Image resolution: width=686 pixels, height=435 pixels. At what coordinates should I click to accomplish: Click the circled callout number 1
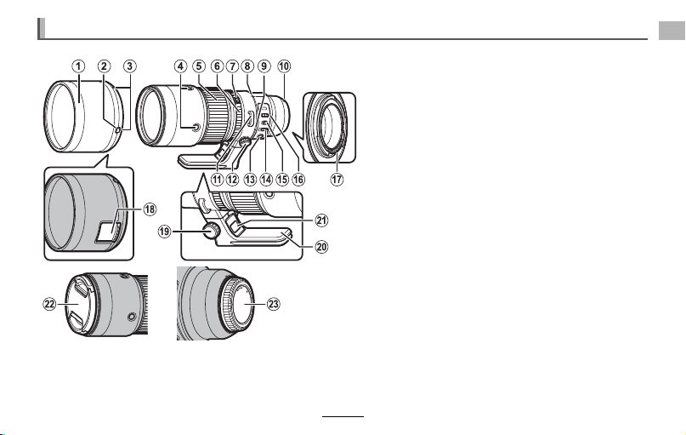(x=78, y=66)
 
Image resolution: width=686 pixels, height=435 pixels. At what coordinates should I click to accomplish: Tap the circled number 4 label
(x=180, y=66)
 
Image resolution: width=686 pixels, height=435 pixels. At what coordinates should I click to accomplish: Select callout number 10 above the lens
(x=284, y=66)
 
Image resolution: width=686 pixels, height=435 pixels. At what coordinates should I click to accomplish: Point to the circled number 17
(x=337, y=179)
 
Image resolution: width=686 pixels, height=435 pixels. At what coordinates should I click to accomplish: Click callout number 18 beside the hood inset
(x=150, y=209)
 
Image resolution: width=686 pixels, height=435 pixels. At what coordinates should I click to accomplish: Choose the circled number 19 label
(x=165, y=231)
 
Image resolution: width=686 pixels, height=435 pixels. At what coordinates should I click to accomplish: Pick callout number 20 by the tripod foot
(x=321, y=247)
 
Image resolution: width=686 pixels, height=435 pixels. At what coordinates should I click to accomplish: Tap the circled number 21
(x=321, y=220)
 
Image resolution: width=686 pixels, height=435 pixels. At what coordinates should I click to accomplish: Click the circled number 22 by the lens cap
(x=50, y=304)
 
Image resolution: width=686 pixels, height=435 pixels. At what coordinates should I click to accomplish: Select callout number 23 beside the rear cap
(x=273, y=304)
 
